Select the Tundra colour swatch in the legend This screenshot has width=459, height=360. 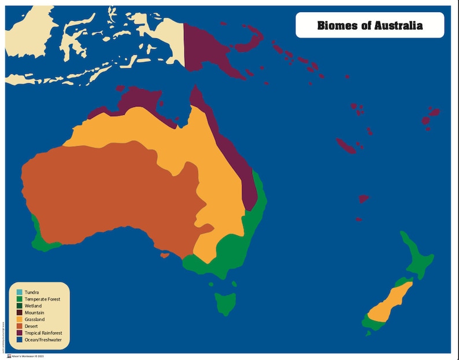point(19,292)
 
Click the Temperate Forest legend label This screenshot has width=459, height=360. point(42,299)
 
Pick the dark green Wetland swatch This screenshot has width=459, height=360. point(19,306)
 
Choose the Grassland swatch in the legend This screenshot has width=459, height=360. point(19,320)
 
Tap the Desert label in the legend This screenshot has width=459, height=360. point(32,326)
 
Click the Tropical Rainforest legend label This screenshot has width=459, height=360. point(43,333)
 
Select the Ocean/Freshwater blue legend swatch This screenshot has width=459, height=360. point(19,340)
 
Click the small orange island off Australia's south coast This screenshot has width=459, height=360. point(165,255)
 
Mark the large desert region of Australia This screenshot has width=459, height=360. point(110,191)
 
